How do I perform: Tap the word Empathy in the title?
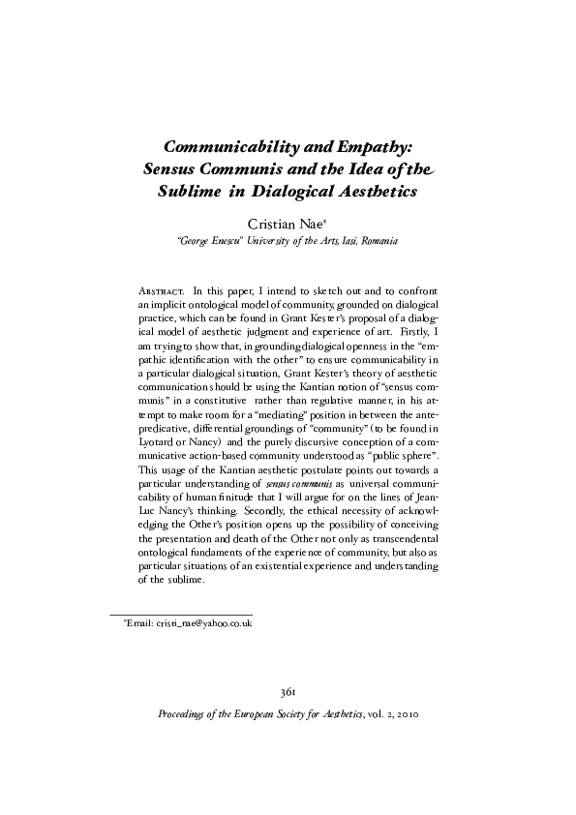(x=374, y=147)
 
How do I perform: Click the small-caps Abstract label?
(x=162, y=290)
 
